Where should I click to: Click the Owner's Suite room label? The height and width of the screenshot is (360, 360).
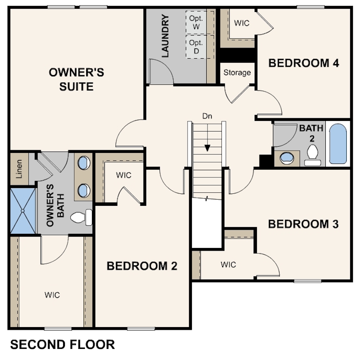pyautogui.click(x=76, y=80)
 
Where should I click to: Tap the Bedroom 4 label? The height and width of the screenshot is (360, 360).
pyautogui.click(x=304, y=63)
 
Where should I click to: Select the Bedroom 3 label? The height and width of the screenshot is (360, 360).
pyautogui.click(x=303, y=224)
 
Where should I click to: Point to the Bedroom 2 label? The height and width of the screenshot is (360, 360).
pyautogui.click(x=142, y=266)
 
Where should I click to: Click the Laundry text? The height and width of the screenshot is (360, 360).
pyautogui.click(x=165, y=36)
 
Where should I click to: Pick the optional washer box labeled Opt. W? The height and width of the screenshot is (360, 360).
pyautogui.click(x=196, y=23)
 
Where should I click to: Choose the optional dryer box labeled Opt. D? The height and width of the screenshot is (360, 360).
pyautogui.click(x=196, y=47)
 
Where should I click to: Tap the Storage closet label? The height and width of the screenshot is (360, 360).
pyautogui.click(x=237, y=72)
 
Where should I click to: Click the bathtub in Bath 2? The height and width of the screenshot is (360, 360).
pyautogui.click(x=338, y=144)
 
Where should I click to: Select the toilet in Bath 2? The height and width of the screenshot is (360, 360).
pyautogui.click(x=312, y=155)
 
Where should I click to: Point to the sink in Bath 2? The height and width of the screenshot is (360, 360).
pyautogui.click(x=287, y=158)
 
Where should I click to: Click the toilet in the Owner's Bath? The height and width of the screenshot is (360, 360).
pyautogui.click(x=81, y=217)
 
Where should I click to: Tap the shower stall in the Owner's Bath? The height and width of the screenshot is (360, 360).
pyautogui.click(x=23, y=211)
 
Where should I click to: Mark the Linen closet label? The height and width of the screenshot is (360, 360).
pyautogui.click(x=19, y=169)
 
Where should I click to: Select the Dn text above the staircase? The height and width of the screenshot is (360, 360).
pyautogui.click(x=207, y=116)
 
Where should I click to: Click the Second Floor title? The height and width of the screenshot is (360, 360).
pyautogui.click(x=63, y=344)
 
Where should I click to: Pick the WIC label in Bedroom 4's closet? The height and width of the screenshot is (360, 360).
pyautogui.click(x=242, y=23)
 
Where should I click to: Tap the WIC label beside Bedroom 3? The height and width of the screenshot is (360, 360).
pyautogui.click(x=228, y=264)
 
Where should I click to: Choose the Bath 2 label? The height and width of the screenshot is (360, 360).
pyautogui.click(x=311, y=133)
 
